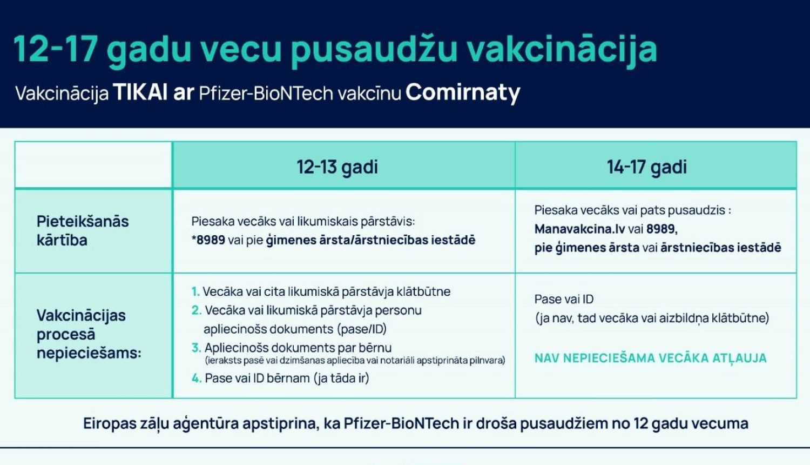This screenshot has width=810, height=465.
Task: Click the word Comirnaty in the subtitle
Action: coord(463,93)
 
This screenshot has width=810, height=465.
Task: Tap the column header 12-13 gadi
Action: coord(337,167)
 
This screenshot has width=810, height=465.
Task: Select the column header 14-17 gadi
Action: coord(647,167)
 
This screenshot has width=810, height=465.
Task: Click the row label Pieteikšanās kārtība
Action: coord(83,231)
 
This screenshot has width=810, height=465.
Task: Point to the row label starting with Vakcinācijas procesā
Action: coord(89,334)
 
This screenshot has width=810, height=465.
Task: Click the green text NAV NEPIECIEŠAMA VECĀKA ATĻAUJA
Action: coord(651,358)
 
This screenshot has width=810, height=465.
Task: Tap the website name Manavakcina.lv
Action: coord(579,229)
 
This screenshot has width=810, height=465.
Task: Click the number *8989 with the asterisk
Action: coord(208,240)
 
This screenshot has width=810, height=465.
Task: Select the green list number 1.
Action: coord(195,291)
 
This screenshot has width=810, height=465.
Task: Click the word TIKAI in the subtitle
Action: coord(140,92)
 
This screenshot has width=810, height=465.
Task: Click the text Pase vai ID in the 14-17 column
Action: coord(564,299)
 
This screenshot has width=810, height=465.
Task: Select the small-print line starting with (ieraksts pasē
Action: coord(355,361)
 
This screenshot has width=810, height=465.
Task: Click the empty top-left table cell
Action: coord(93,165)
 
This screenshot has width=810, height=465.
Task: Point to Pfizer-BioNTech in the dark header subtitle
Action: coord(266,94)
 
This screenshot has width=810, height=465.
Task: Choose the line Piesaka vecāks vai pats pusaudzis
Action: coord(632,210)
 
